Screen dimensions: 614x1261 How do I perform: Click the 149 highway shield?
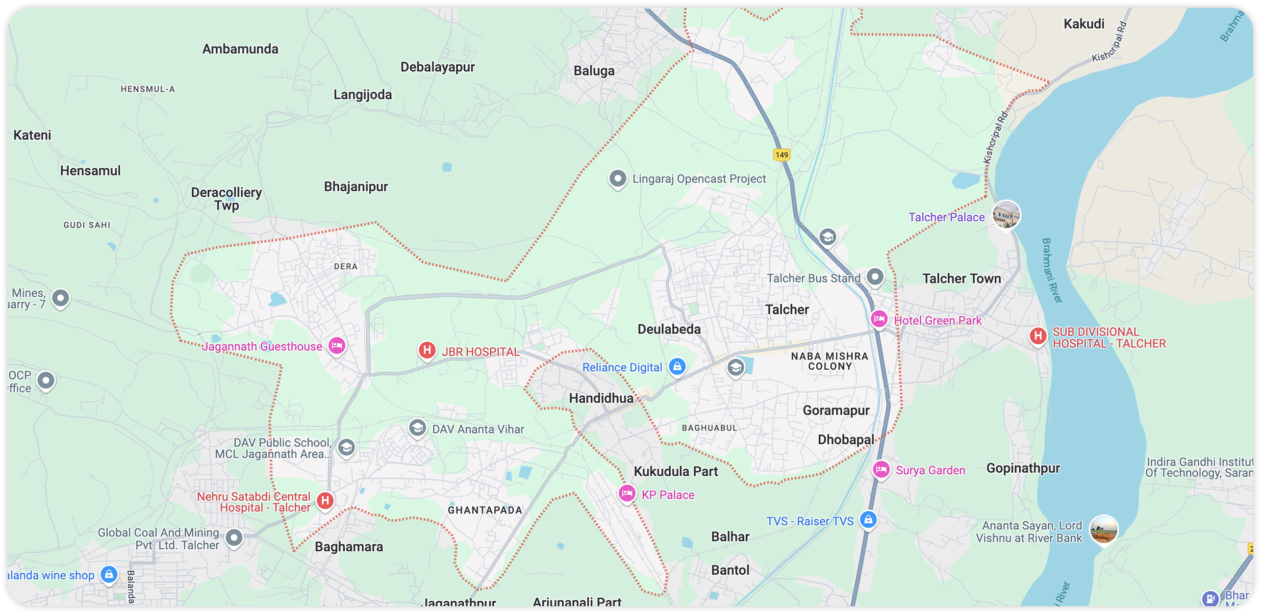(x=782, y=155)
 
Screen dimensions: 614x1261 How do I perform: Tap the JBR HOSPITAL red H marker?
(x=427, y=350)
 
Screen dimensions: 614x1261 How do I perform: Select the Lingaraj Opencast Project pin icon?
(x=618, y=178)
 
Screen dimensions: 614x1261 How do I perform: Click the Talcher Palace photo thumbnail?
(x=1006, y=214)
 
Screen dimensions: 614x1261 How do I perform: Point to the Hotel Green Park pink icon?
(x=879, y=319)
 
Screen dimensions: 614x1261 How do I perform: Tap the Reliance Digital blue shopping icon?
(x=677, y=366)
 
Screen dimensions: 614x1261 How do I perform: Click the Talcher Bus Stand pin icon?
(x=875, y=277)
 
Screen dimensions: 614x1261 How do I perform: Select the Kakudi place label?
(x=1084, y=24)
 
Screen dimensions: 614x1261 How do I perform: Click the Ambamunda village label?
(x=240, y=49)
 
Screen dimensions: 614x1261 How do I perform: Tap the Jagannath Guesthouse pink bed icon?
(x=336, y=345)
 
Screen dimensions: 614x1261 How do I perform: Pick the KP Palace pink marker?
(x=627, y=492)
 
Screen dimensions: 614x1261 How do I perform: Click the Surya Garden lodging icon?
(x=881, y=469)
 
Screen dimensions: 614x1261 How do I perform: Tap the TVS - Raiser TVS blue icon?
(x=868, y=519)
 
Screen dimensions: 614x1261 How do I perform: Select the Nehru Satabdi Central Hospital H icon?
(x=325, y=500)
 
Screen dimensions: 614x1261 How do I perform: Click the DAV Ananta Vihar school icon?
(x=417, y=428)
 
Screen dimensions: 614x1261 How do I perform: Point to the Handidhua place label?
(x=601, y=398)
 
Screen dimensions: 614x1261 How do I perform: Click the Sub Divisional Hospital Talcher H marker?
(x=1037, y=336)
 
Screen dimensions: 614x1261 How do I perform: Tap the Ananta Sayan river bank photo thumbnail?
(x=1103, y=529)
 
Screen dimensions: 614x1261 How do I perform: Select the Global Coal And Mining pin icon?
(x=234, y=537)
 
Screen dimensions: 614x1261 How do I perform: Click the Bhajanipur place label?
(x=356, y=186)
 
